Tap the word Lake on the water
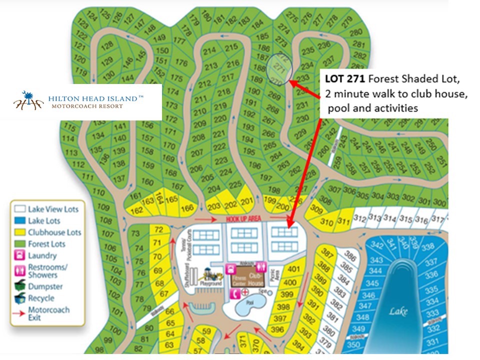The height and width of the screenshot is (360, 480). coord(398,311)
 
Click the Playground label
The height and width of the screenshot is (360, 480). coord(211,284)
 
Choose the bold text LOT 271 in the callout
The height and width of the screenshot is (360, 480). coord(343,79)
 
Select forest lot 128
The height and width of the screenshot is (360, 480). coord(106,46)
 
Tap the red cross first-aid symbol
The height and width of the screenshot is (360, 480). coord(245,292)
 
